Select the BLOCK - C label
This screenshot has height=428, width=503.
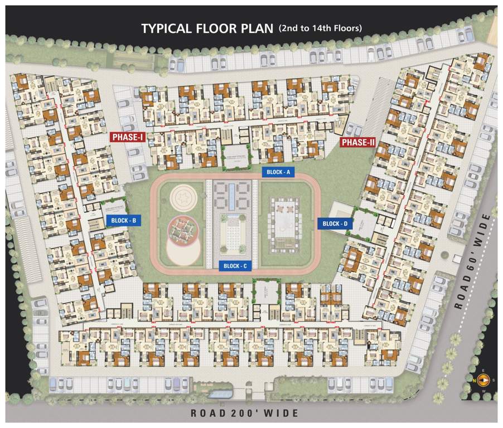coord(235,266)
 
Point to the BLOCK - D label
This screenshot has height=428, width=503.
coord(335,223)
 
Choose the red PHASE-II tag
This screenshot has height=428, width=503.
coord(358,142)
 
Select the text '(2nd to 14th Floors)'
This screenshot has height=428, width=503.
coord(319,28)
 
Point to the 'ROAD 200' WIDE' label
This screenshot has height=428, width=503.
coord(245,413)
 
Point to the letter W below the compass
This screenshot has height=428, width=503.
coord(483,390)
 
